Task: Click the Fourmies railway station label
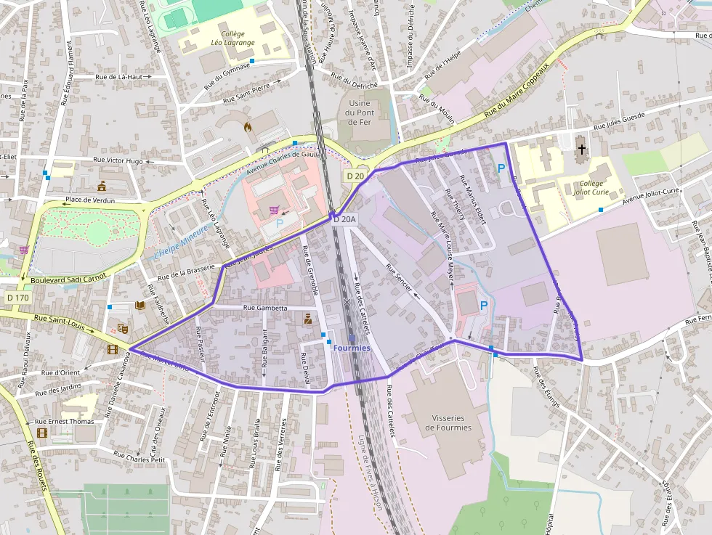pyautogui.click(x=352, y=348)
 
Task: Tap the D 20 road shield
pyautogui.click(x=355, y=176)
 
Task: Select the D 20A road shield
pyautogui.click(x=344, y=219)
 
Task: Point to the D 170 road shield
pyautogui.click(x=17, y=298)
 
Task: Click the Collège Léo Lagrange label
pyautogui.click(x=227, y=38)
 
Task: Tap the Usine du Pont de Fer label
pyautogui.click(x=360, y=113)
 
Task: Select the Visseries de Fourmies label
pyautogui.click(x=442, y=422)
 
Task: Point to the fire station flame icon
pyautogui.click(x=248, y=126)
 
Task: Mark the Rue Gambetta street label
pyautogui.click(x=265, y=308)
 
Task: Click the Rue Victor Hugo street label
pyautogui.click(x=118, y=160)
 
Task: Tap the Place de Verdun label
pyautogui.click(x=90, y=199)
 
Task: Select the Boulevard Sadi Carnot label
pyautogui.click(x=69, y=278)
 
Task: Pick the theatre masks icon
pyautogui.click(x=123, y=329)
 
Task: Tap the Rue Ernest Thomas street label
pyautogui.click(x=65, y=421)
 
